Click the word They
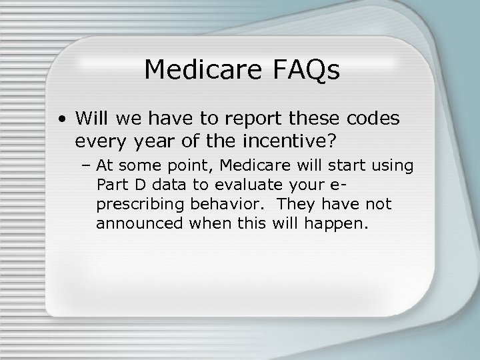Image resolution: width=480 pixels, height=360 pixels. (x=297, y=204)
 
